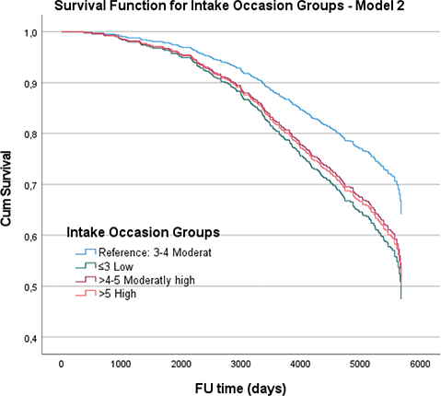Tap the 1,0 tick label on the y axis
(x=30, y=32)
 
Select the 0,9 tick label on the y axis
(x=30, y=84)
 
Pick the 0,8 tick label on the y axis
(x=30, y=134)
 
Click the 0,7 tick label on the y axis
(x=30, y=185)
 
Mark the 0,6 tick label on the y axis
(x=30, y=237)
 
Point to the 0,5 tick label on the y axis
(x=30, y=287)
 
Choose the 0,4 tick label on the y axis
(x=30, y=339)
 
